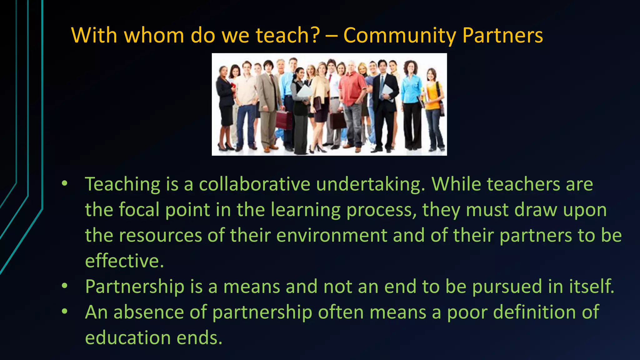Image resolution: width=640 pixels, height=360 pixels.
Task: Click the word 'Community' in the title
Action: point(400,35)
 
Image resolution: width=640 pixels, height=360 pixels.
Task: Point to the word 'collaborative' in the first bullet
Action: point(254,184)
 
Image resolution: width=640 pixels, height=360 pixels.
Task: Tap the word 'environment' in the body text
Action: point(332,235)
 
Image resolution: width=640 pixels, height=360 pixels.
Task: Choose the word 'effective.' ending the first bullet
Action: point(124,261)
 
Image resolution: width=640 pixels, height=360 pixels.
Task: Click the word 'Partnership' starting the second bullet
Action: point(135,287)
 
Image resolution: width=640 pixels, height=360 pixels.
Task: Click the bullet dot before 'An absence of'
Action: point(64,312)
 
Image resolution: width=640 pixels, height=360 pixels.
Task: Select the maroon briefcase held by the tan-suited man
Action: point(284,120)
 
